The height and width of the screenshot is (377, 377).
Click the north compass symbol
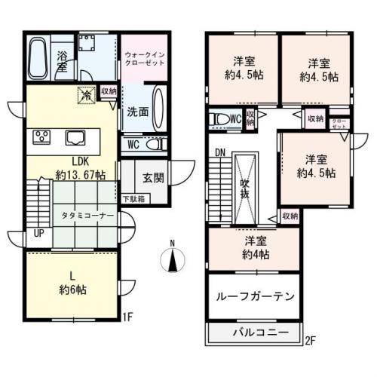click(x=173, y=259)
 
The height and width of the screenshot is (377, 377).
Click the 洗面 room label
click(x=136, y=110)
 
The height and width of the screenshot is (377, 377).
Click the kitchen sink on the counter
click(x=76, y=138)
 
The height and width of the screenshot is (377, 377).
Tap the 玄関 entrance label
click(x=152, y=178)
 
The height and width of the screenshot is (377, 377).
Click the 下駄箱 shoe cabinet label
click(x=135, y=199)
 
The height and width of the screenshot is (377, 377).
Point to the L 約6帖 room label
click(x=72, y=280)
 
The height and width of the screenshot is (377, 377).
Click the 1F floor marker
click(x=128, y=317)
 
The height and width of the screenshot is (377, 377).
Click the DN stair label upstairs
click(x=220, y=152)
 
